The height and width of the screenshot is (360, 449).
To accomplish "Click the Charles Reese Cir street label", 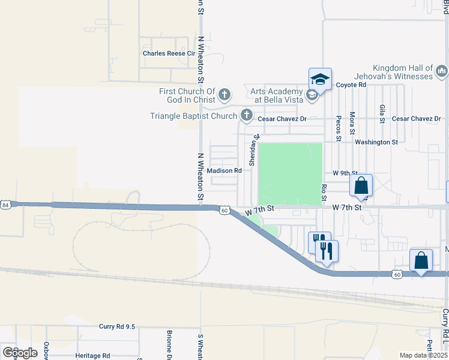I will [169, 53].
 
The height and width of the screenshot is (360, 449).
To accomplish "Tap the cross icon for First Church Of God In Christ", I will [224, 94].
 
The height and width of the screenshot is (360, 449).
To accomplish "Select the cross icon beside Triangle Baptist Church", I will [246, 114].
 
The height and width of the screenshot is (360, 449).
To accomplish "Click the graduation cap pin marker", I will [320, 79].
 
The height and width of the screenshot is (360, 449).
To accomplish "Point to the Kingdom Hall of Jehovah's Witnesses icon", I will [442, 72].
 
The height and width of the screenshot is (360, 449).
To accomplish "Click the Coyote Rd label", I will [351, 85].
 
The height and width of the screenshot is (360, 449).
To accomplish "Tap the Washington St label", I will [376, 142].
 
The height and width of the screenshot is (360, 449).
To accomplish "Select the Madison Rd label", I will [224, 170].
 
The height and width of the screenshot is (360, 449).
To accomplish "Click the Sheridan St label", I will [254, 151].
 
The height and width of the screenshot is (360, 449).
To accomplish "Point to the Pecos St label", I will [339, 128].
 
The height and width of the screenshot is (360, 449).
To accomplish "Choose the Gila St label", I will [382, 113].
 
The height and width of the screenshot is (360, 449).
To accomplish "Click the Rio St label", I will [324, 192].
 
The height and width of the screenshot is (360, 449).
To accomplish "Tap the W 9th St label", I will [341, 173].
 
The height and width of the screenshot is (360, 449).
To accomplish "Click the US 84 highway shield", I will [5, 205].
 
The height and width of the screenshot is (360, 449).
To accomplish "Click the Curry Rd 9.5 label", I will [118, 326].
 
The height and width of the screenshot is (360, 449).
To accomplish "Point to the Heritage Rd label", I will [93, 356].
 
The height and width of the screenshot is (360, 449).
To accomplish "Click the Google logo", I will [20, 352].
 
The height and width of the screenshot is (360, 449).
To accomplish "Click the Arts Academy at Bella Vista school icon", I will [312, 94].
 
